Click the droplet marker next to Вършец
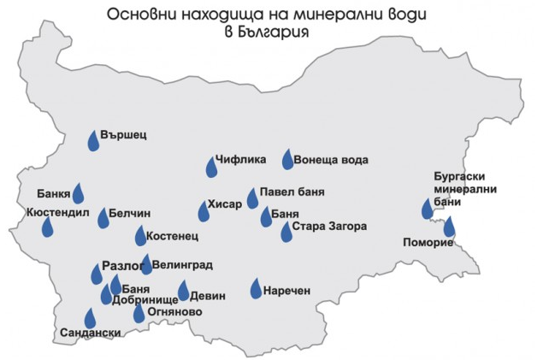click(x=94, y=140)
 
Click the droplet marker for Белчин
click(x=103, y=218)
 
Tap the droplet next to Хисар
click(x=202, y=210)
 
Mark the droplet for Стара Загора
click(x=286, y=232)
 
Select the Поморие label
click(x=427, y=243)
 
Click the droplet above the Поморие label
click(x=449, y=227)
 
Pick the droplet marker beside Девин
click(x=183, y=292)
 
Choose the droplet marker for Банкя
click(x=78, y=193)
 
